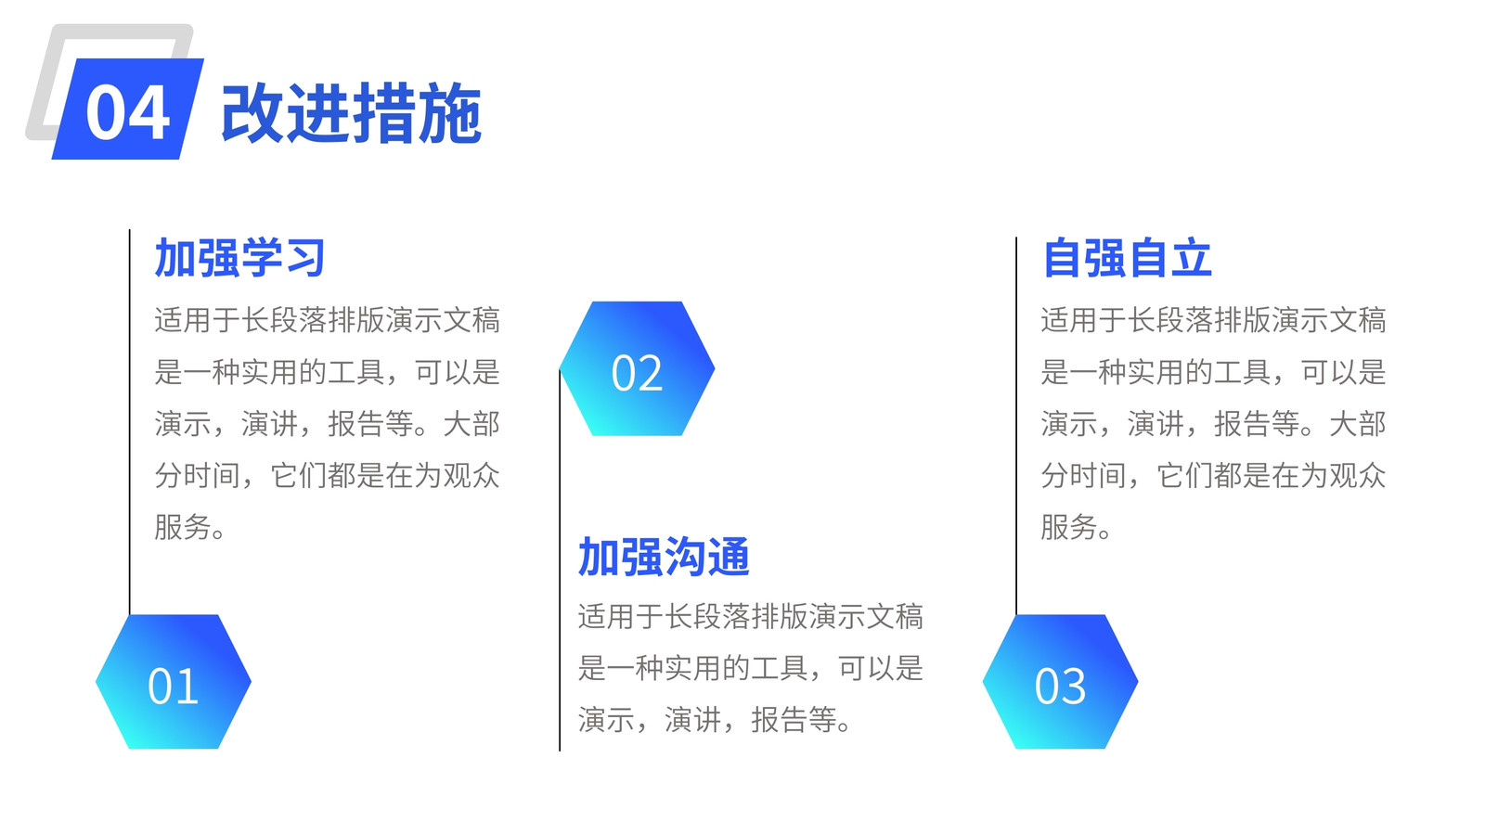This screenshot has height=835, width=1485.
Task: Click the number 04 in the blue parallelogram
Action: [x=127, y=113]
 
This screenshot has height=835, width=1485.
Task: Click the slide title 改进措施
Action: [x=352, y=113]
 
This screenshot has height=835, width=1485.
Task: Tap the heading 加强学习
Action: [x=239, y=258]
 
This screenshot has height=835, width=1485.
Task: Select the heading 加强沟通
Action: [x=664, y=557]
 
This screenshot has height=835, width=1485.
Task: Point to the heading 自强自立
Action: [x=1127, y=258]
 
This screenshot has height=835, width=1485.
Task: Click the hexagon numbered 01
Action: [x=174, y=681]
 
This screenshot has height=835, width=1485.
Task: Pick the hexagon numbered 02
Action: [x=637, y=368]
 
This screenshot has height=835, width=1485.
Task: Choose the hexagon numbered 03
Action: [x=1060, y=681]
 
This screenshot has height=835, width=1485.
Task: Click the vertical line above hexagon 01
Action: [x=129, y=422]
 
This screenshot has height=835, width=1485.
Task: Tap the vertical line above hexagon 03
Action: [x=1015, y=426]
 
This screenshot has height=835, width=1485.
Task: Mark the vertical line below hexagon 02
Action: [x=560, y=560]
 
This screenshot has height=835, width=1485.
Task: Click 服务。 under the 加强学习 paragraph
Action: [x=190, y=528]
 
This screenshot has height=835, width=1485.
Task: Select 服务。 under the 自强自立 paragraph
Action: [x=1077, y=528]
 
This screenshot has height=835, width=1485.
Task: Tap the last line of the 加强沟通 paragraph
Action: [x=715, y=720]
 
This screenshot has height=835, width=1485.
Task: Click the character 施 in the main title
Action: [x=450, y=113]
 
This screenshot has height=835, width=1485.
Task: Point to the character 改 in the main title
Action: [x=252, y=113]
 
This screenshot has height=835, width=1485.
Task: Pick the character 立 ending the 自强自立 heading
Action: [x=1192, y=258]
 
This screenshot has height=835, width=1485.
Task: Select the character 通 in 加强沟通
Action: [x=729, y=557]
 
